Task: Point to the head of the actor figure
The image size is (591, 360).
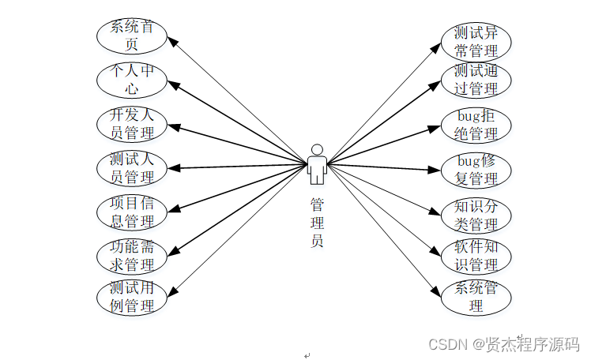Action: pos(317,149)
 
